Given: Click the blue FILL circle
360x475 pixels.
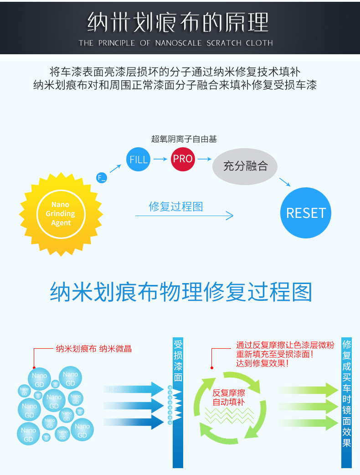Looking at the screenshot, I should tap(139, 160).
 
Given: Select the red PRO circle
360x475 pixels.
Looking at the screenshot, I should tap(183, 159).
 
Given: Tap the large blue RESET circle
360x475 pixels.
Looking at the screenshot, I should tap(305, 213).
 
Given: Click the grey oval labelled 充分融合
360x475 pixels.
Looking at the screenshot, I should tap(246, 166).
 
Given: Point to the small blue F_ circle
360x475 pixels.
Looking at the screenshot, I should tap(102, 178).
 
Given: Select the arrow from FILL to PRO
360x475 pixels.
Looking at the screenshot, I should tap(160, 159).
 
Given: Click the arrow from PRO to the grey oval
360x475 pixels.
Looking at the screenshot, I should tap(205, 159).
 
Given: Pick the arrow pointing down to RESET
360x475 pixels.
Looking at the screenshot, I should tap(284, 182).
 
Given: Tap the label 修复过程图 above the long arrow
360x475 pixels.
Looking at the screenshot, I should tap(176, 207).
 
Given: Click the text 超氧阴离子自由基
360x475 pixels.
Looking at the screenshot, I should tap(184, 139).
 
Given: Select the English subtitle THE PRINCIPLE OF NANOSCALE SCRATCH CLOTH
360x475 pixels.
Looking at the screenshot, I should tap(175, 43).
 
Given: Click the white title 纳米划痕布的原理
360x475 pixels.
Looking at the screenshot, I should tap(178, 22).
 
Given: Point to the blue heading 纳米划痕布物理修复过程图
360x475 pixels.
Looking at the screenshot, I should tap(181, 292).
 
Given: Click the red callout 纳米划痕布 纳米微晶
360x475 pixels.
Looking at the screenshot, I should tap(93, 349).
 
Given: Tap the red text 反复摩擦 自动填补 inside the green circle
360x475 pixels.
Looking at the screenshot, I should tap(229, 398).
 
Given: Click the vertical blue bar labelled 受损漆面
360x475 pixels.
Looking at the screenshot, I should tap(178, 401).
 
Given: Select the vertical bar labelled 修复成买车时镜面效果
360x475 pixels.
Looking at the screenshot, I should tap(347, 401).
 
